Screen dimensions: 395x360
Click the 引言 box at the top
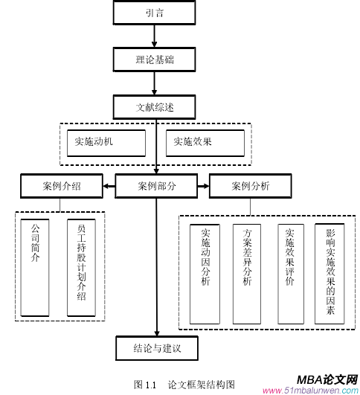pyautogui.click(x=155, y=13)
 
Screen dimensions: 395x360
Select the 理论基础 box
pyautogui.click(x=155, y=58)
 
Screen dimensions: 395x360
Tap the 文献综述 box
pyautogui.click(x=155, y=106)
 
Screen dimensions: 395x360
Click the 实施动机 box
pyautogui.click(x=103, y=141)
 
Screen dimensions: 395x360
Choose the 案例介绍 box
pyautogui.click(x=62, y=186)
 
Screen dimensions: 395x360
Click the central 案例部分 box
pyautogui.click(x=156, y=186)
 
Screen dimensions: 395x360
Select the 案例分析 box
pyautogui.click(x=250, y=186)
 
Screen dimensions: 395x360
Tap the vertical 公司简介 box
pyautogui.click(x=35, y=266)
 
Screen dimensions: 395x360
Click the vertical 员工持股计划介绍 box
pyautogui.click(x=81, y=266)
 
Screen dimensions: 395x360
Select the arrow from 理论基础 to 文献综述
pyautogui.click(x=155, y=83)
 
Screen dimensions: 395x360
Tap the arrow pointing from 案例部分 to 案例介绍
pyautogui.click(x=109, y=186)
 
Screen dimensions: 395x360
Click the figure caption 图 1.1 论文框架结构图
pyautogui.click(x=184, y=385)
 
